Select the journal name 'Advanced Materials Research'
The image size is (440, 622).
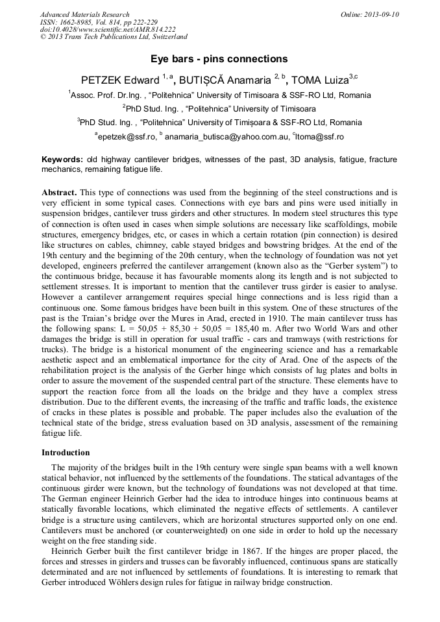click(x=84, y=14)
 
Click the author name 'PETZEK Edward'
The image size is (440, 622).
click(x=119, y=81)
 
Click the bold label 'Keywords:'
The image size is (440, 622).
click(x=62, y=160)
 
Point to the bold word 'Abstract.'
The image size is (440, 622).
click(x=60, y=194)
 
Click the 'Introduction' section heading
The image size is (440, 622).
click(x=66, y=452)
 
